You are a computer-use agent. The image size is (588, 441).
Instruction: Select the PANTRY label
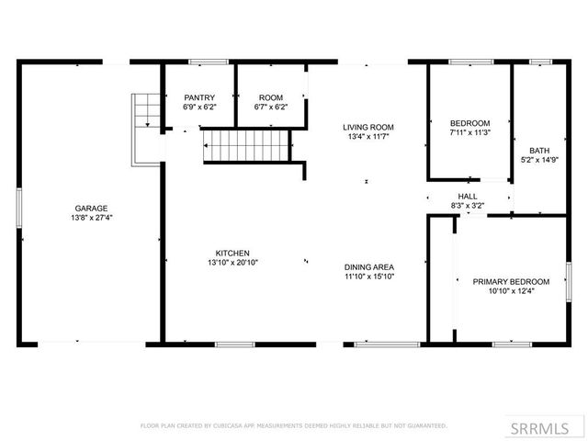coord(199,97)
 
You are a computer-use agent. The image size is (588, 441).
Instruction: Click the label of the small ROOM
coord(270,97)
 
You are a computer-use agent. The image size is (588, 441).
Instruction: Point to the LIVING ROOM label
coord(368,127)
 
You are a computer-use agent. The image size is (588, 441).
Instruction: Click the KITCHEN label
coord(232,254)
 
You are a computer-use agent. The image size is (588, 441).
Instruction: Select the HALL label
coord(468,197)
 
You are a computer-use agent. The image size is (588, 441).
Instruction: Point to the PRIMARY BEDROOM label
coord(511,281)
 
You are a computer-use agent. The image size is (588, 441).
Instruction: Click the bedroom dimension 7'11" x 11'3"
coord(469,132)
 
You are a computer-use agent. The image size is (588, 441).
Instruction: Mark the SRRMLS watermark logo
coord(546,427)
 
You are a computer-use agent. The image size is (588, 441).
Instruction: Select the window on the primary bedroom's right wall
coord(568,280)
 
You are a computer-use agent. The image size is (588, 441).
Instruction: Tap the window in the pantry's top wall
coord(209,62)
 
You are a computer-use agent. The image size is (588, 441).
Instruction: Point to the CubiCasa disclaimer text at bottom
coord(294,425)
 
